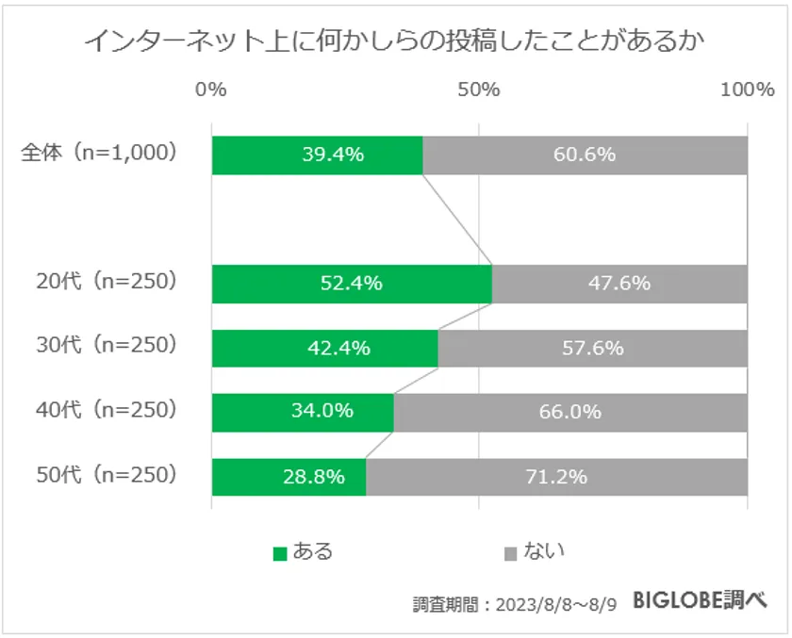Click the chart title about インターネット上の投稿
click(x=395, y=41)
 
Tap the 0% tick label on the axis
click(x=211, y=90)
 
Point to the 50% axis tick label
click(x=479, y=90)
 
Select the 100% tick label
click(x=747, y=90)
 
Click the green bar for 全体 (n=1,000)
click(x=317, y=155)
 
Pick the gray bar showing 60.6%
click(x=585, y=155)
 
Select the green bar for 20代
click(x=352, y=284)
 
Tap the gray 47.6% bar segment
click(x=619, y=284)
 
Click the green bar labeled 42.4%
click(x=324, y=348)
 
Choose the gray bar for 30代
click(x=592, y=348)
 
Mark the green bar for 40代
click(x=303, y=412)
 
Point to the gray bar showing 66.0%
click(x=570, y=412)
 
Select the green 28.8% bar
click(x=289, y=477)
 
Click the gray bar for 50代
click(x=556, y=477)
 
